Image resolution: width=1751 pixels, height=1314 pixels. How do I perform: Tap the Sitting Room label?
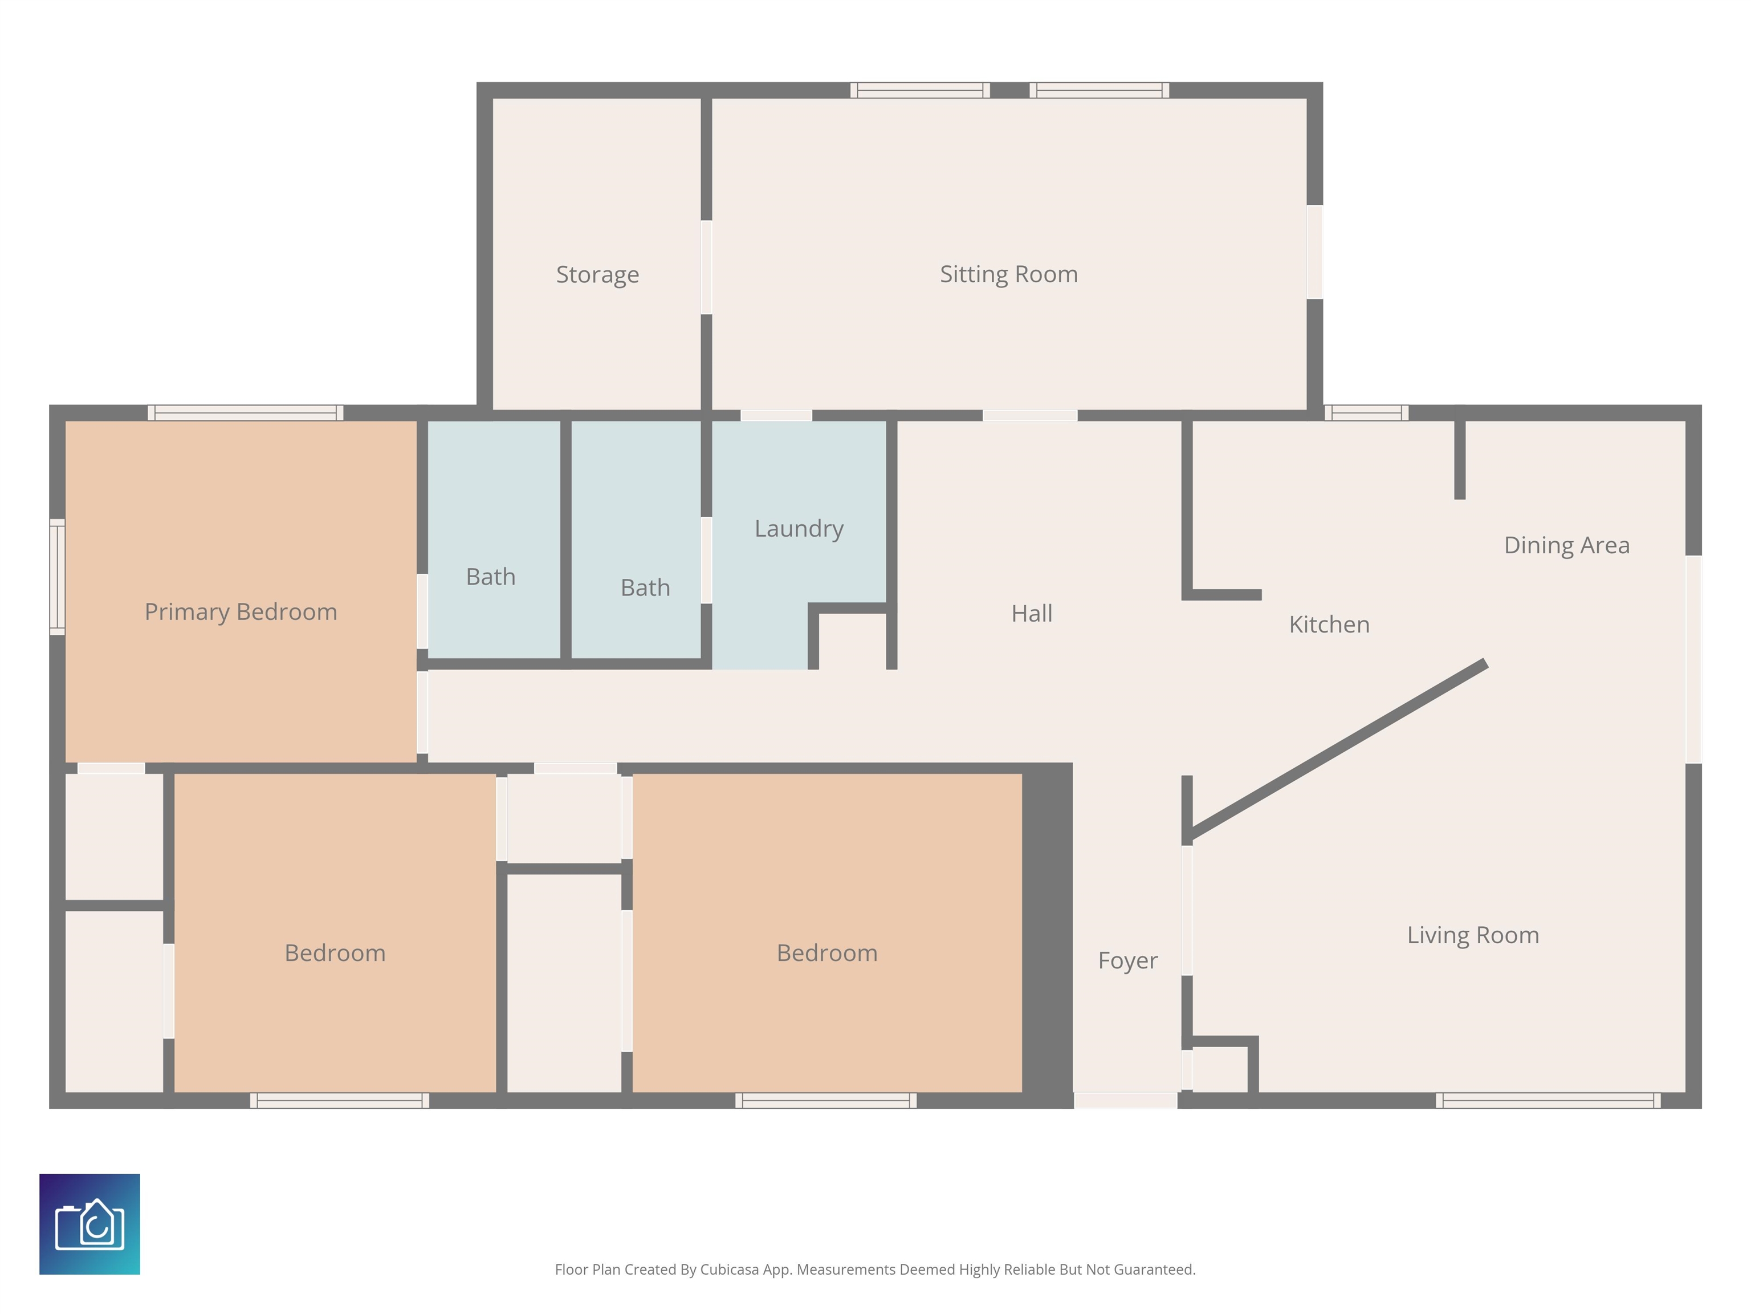tap(1008, 274)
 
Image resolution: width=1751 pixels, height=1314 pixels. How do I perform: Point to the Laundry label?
tap(799, 528)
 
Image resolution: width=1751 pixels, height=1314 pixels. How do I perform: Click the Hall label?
tap(1032, 613)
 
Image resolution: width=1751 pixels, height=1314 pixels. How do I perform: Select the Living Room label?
tap(1472, 935)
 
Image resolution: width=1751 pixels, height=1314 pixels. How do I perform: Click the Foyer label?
tap(1127, 961)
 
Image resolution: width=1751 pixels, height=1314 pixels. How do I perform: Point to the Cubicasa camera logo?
tap(89, 1224)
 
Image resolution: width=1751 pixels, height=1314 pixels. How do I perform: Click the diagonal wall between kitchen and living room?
tap(1338, 748)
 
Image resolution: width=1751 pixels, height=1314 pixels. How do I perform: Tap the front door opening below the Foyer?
tap(1125, 1100)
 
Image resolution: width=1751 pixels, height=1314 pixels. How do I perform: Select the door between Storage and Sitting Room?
tap(706, 267)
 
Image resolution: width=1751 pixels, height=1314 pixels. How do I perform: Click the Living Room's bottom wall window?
tap(1548, 1100)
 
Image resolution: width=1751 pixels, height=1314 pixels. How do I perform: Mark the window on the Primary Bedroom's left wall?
tap(57, 577)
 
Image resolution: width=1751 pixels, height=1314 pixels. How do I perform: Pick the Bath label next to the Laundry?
tap(645, 587)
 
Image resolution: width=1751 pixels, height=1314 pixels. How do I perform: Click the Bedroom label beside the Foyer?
tap(827, 953)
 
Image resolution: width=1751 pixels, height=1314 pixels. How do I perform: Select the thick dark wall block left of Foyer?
tap(1047, 935)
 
